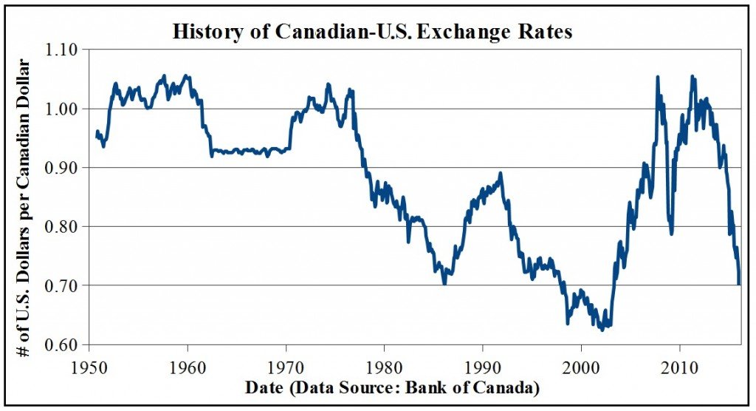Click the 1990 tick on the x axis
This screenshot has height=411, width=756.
pyautogui.click(x=483, y=367)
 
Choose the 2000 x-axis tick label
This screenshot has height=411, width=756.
pyautogui.click(x=581, y=367)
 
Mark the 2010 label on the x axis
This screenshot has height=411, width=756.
pyautogui.click(x=679, y=367)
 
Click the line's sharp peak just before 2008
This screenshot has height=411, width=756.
pyautogui.click(x=657, y=77)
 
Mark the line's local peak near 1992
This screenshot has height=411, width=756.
pyautogui.click(x=501, y=174)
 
